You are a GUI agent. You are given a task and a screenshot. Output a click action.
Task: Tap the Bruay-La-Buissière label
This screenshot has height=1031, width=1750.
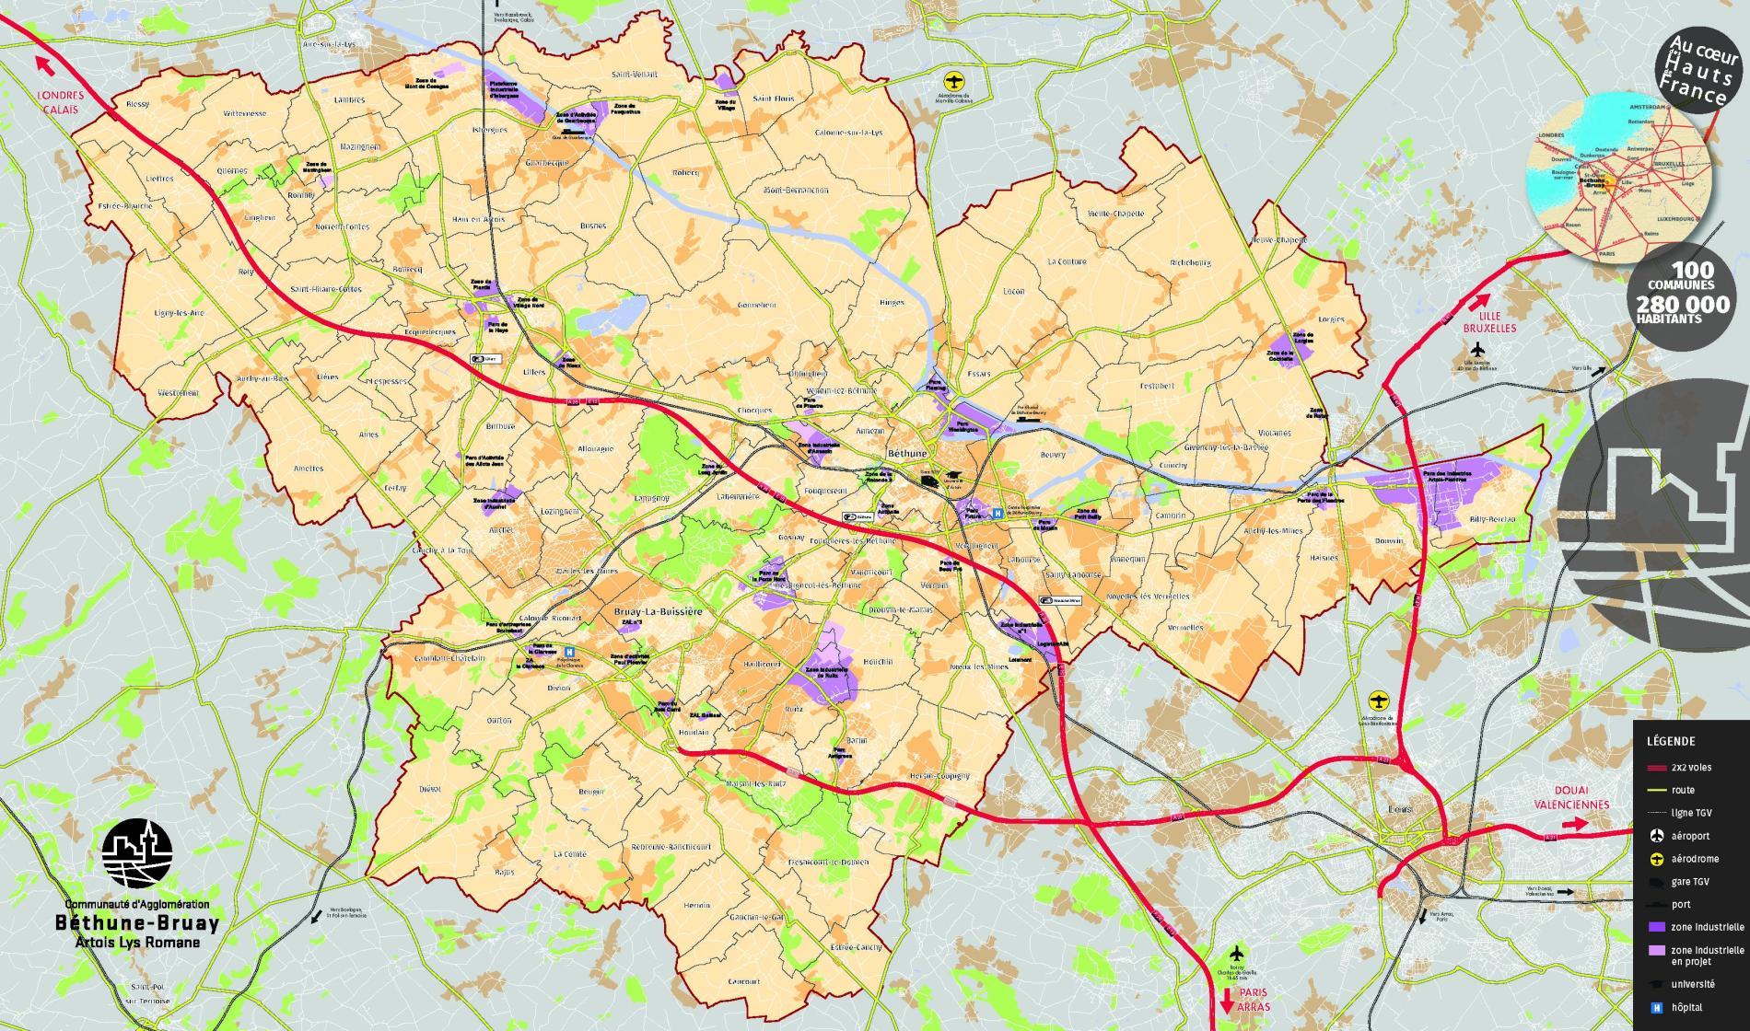coord(651,611)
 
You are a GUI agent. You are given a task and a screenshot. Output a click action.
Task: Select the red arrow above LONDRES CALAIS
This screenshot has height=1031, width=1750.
coord(42,64)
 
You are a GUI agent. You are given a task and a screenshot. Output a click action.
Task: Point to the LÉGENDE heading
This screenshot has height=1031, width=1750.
coord(1669,741)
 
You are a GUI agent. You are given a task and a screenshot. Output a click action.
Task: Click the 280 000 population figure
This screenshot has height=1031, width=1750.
coord(1683,303)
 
